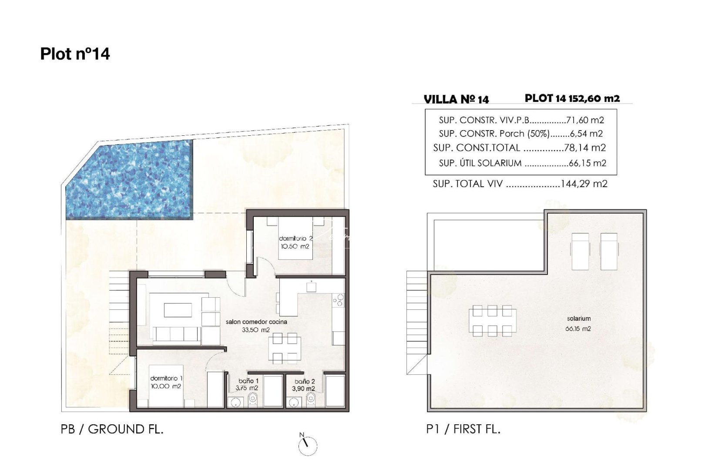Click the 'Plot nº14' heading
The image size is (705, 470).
75,54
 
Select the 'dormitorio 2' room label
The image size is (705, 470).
295,238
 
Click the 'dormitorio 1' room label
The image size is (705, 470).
166,379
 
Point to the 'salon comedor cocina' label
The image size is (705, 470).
256,322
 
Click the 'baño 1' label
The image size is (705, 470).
248,381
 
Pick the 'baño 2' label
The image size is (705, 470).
304,382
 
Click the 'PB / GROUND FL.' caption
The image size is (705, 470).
112,429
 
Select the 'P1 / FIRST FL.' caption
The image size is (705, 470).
463,429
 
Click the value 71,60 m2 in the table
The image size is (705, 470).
585,120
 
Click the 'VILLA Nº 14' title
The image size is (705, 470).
456,100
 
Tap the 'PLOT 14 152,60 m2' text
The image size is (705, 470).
572,98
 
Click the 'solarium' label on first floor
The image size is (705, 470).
578,319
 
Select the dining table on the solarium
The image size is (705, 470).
492,321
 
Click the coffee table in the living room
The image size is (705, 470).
177,310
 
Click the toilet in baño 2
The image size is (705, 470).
311,399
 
